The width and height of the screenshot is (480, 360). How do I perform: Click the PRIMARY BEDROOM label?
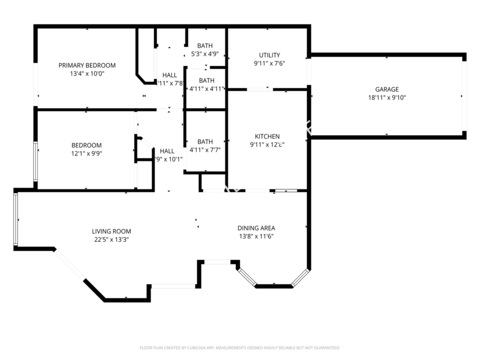[x=87, y=66]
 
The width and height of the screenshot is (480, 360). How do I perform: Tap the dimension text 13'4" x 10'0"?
[x=87, y=74]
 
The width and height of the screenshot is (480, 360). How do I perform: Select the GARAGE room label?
[x=387, y=90]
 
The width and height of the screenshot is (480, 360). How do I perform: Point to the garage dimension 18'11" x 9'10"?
[x=387, y=98]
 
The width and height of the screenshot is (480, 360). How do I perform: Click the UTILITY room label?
[x=269, y=55]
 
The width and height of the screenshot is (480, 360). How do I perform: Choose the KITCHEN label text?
[x=267, y=137]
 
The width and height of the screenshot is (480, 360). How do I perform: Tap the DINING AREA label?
[x=256, y=228]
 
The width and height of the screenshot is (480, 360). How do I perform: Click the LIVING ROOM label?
[x=111, y=231]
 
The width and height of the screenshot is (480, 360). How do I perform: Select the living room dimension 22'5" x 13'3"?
[x=111, y=239]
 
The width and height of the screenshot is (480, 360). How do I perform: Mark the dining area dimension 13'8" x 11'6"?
[x=256, y=236]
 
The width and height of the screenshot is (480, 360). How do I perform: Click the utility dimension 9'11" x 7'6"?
[x=269, y=63]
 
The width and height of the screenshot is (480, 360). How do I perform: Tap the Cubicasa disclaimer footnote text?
[x=239, y=348]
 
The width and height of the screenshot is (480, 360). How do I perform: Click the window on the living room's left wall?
[x=15, y=220]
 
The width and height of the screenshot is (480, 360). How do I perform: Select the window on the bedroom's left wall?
[x=36, y=162]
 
